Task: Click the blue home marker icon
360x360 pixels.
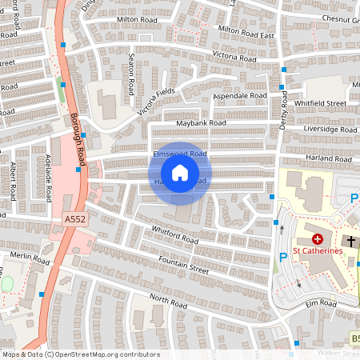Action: tap(180, 173)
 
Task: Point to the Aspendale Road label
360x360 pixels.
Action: tap(239, 96)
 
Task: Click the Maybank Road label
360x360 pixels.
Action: tap(197, 123)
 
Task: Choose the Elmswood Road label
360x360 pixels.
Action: tap(180, 153)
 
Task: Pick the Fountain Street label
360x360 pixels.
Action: tap(183, 265)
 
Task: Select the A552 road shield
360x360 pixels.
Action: tap(74, 218)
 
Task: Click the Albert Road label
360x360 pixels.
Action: tap(14, 181)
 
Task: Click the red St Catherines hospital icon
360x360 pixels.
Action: tap(318, 238)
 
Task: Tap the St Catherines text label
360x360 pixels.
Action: tap(318, 250)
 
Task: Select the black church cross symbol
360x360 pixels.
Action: tap(350, 241)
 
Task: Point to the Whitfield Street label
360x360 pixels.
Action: tap(319, 103)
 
